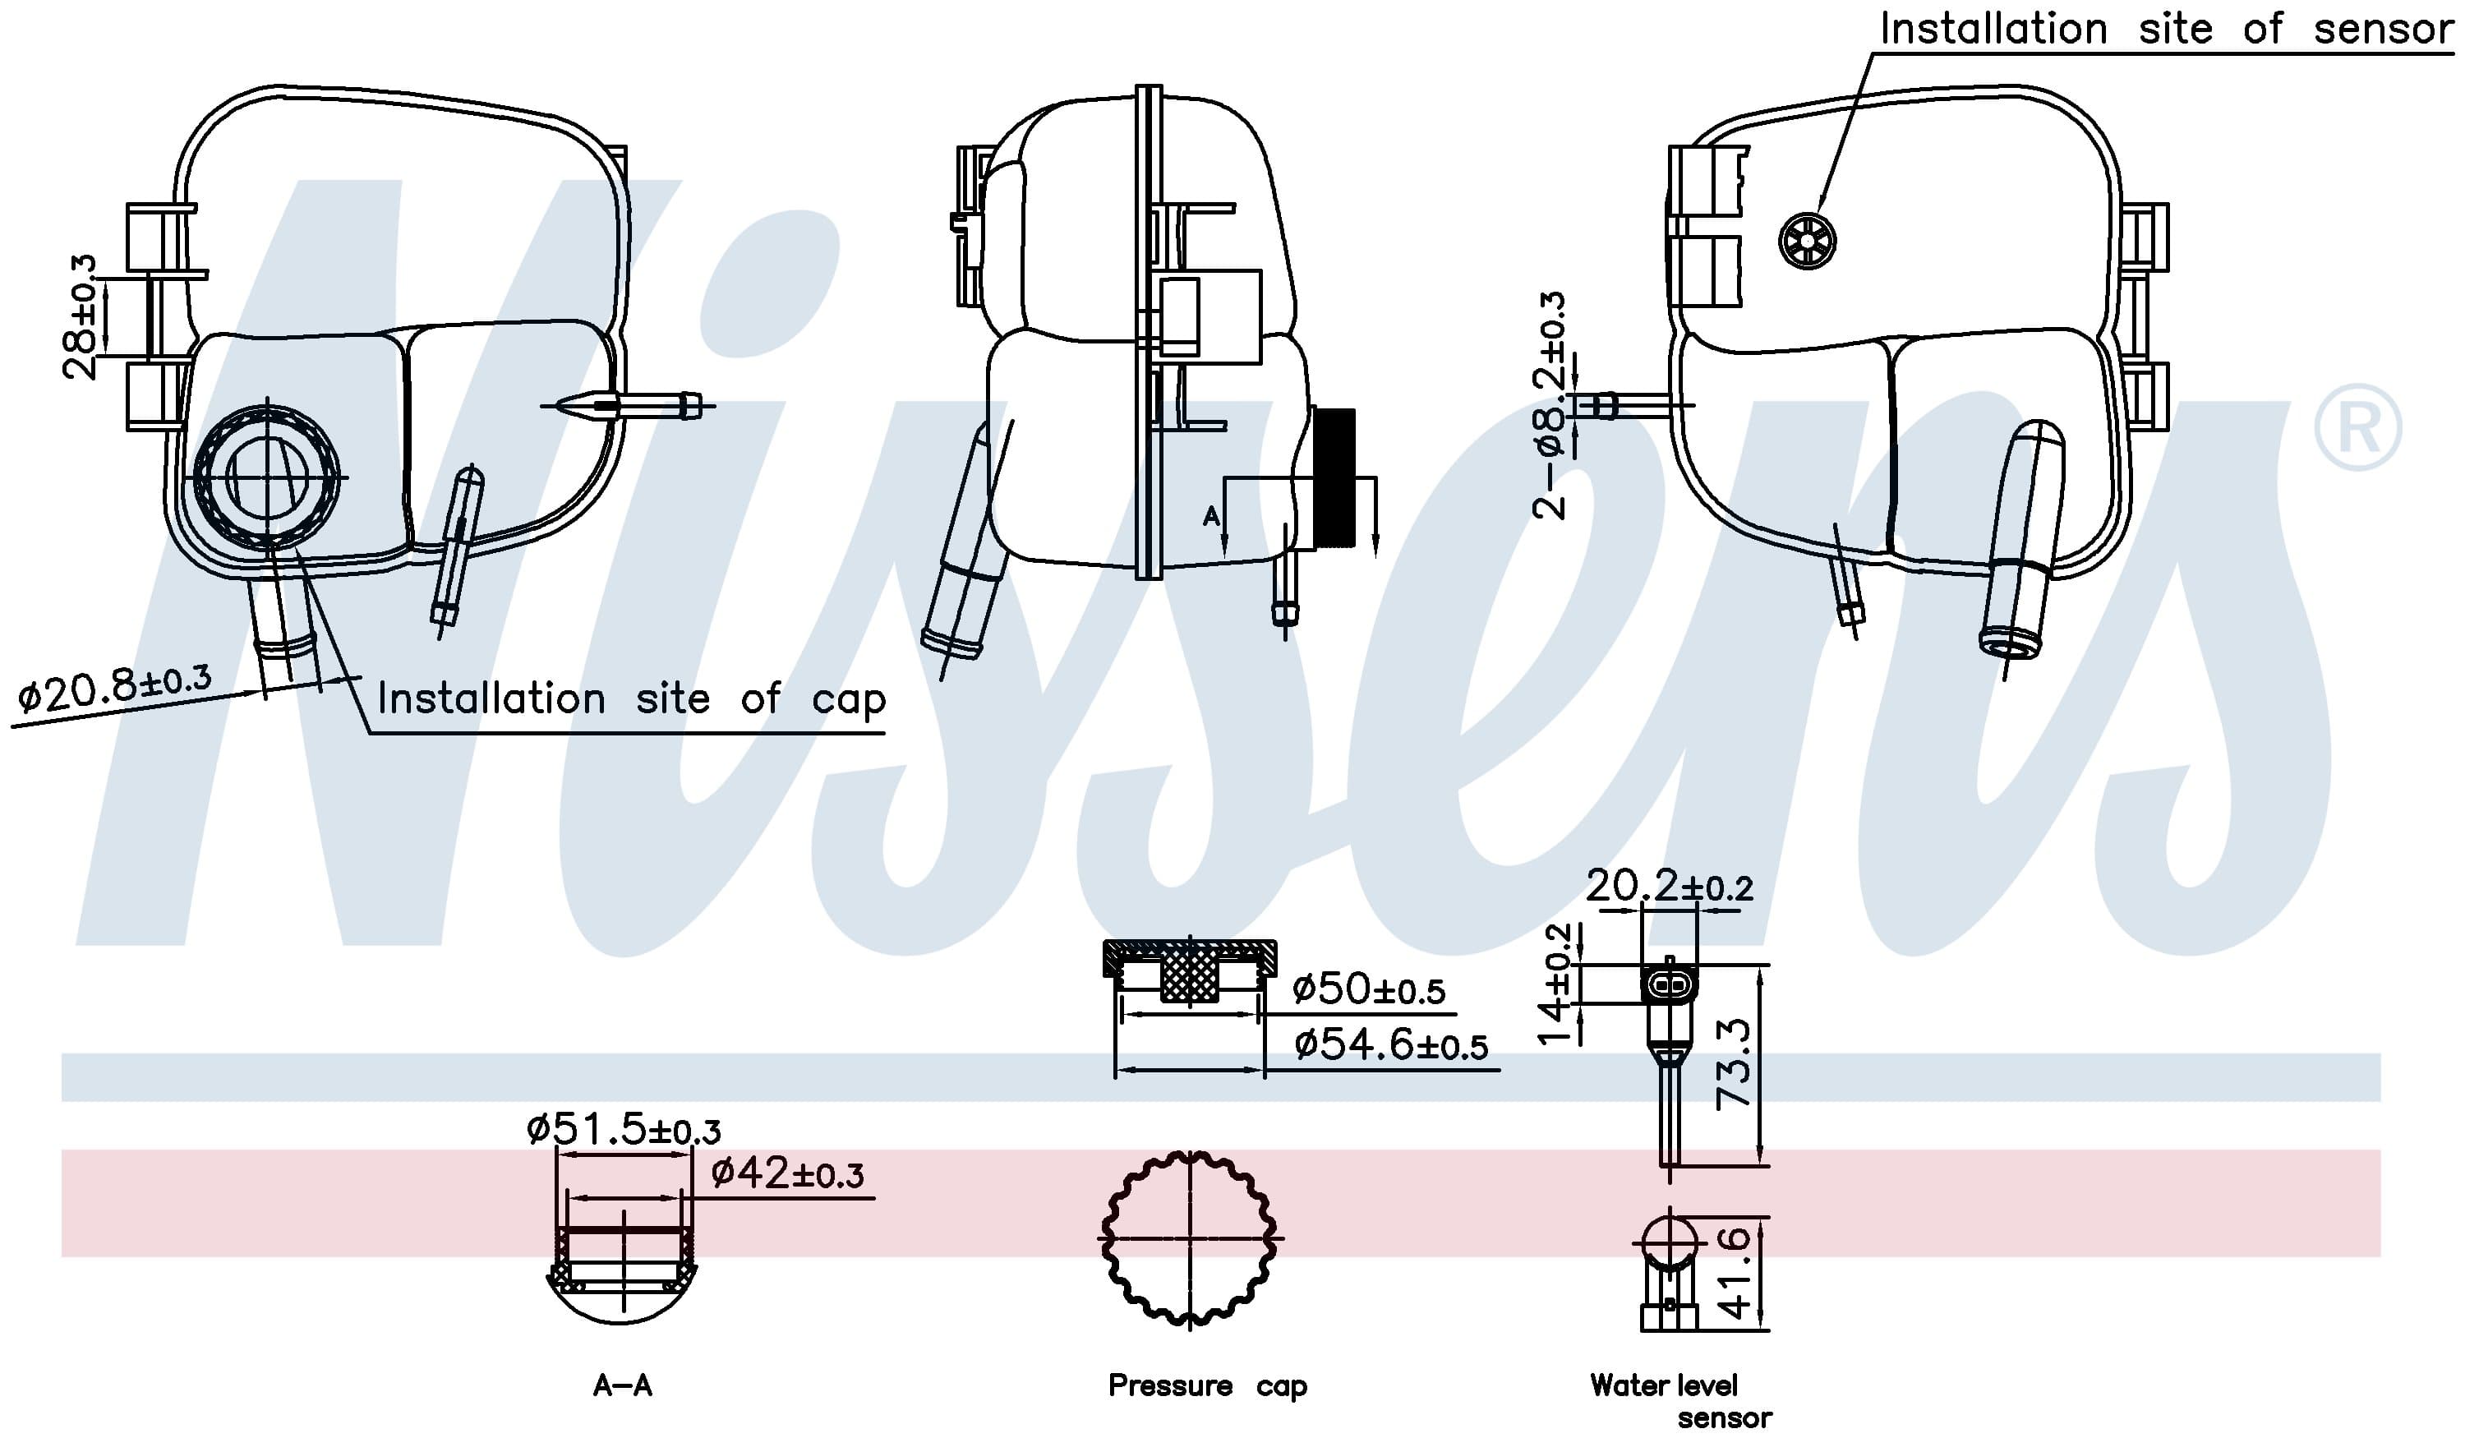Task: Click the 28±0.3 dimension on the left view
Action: (x=81, y=316)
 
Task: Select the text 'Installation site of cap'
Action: (x=631, y=699)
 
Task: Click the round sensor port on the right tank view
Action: (x=1806, y=241)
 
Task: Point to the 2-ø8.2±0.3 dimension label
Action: (x=1550, y=404)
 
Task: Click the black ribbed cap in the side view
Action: (x=1334, y=477)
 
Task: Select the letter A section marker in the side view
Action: (x=1211, y=515)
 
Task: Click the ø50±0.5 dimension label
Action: (x=1367, y=989)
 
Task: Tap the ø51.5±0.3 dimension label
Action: (x=623, y=1130)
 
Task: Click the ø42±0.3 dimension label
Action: (x=787, y=1173)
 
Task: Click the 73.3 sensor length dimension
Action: (x=1734, y=1063)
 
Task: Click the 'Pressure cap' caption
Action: (x=1206, y=1386)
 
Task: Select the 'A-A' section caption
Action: (x=622, y=1386)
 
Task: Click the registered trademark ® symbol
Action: (x=2357, y=427)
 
